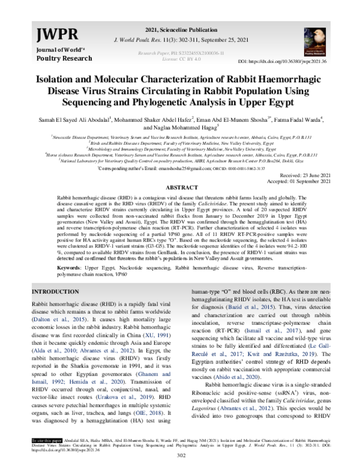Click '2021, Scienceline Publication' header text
click(179, 29)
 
